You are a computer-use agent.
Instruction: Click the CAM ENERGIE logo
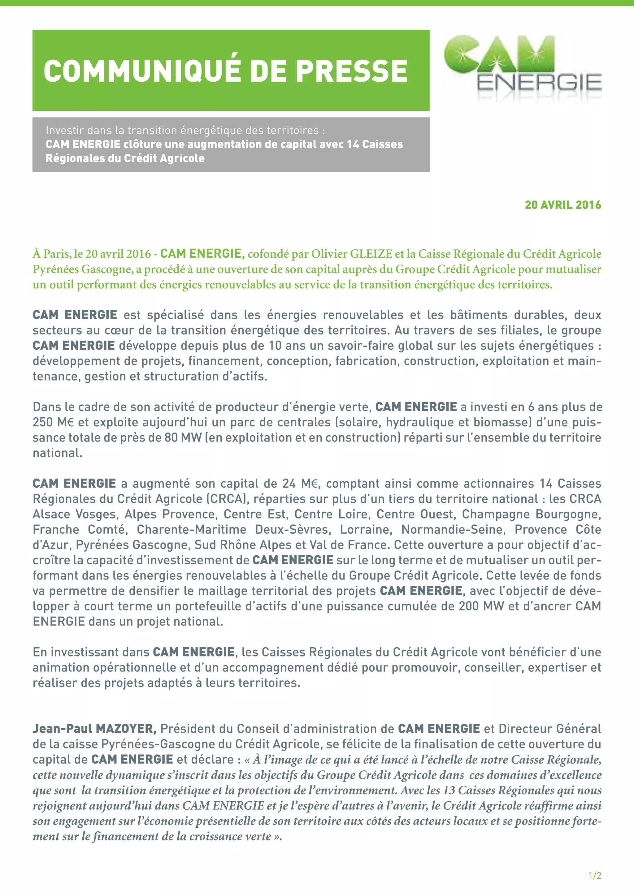tap(522, 66)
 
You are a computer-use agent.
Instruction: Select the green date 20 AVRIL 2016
tap(562, 205)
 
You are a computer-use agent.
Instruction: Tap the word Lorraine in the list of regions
tap(365, 530)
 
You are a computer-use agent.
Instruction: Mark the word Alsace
tap(51, 514)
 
